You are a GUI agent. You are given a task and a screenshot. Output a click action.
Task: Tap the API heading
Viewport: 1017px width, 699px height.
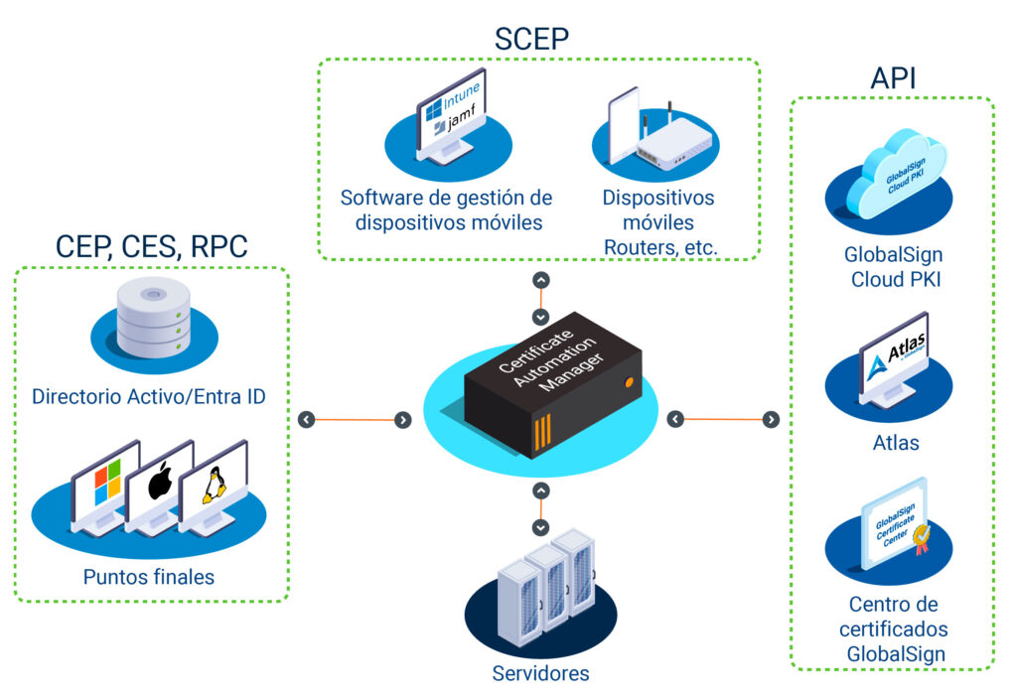coord(893,79)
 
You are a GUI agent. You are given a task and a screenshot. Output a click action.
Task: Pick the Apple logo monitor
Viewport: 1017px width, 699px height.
coord(160,487)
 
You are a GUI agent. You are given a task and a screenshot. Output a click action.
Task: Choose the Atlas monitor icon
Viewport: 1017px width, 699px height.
coord(893,358)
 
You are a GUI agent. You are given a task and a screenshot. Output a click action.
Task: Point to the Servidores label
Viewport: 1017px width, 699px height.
coord(540,674)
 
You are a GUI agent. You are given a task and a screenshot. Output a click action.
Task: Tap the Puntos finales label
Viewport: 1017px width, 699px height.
coord(149,575)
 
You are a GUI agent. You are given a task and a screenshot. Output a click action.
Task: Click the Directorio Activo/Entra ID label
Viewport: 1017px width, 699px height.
coord(149,397)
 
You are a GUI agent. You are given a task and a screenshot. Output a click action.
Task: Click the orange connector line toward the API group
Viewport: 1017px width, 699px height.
coord(723,420)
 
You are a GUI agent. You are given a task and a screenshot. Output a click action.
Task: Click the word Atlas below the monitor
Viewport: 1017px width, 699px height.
coord(893,443)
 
